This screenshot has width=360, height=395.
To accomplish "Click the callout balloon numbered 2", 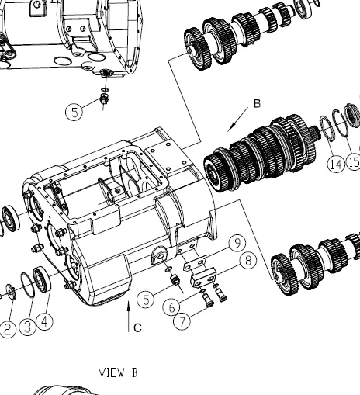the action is [x=8, y=329].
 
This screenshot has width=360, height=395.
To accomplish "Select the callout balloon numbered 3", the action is [x=27, y=327].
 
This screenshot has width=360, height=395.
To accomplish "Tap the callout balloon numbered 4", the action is [x=44, y=322].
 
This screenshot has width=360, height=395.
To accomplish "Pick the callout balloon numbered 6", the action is [x=171, y=307].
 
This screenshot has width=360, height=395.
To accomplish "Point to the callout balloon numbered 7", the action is [x=182, y=321].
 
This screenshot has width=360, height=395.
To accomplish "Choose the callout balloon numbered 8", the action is [x=248, y=261].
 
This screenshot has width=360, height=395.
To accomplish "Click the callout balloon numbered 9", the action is [x=237, y=243].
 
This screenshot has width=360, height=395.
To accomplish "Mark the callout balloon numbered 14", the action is [x=336, y=164].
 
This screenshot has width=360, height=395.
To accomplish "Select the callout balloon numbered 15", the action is [x=354, y=162].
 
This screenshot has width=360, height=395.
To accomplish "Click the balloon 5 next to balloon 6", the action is [x=146, y=300].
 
